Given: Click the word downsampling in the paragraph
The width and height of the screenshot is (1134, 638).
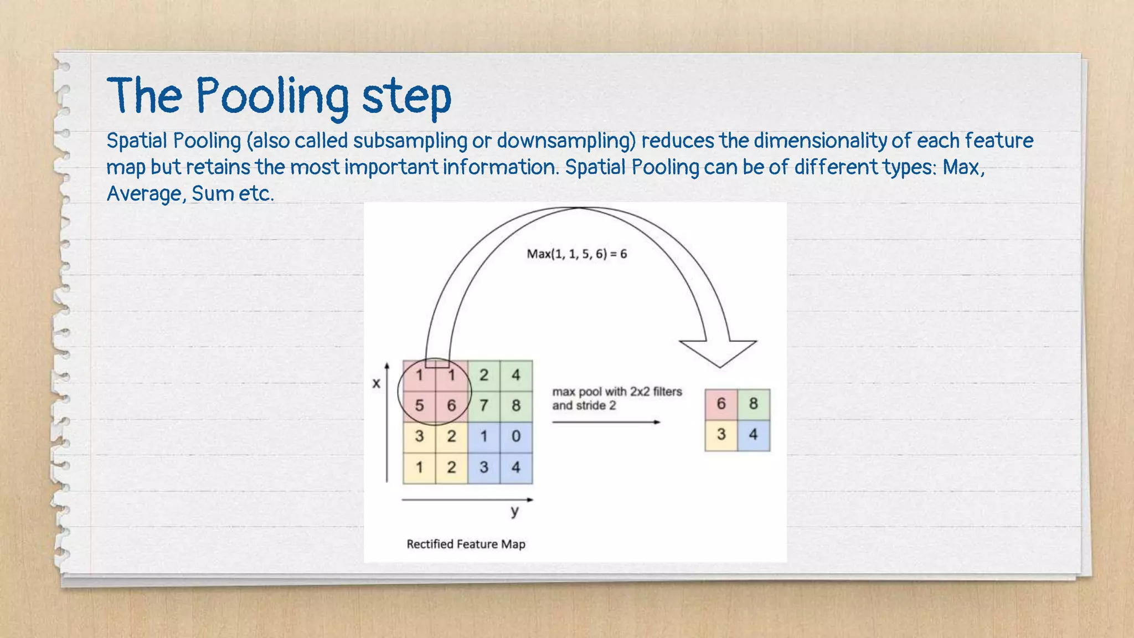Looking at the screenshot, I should [x=566, y=141].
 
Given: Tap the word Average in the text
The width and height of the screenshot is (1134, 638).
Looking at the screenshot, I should [x=144, y=194].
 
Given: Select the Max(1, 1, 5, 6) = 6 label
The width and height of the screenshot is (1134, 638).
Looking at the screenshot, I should [x=576, y=254].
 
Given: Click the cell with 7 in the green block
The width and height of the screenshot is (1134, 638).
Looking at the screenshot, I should [x=484, y=405].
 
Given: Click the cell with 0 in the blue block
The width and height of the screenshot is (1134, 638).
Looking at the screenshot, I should [x=516, y=436].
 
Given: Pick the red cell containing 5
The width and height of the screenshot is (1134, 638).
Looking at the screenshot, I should [x=419, y=405].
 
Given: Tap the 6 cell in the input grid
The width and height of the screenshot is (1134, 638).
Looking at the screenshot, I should [x=451, y=405].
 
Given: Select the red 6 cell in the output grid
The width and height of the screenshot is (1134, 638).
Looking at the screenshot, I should [x=721, y=404].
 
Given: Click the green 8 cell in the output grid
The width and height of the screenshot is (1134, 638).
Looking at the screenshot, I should [x=753, y=404].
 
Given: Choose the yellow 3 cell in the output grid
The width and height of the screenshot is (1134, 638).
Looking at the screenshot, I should [x=721, y=434].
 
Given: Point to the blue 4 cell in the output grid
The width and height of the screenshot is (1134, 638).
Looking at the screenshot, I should [x=753, y=434].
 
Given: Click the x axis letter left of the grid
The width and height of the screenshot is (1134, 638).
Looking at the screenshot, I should [x=377, y=383].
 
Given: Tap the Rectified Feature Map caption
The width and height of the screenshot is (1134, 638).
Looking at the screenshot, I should [x=466, y=544].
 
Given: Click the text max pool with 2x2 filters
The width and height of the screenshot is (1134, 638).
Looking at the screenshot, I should [x=617, y=392].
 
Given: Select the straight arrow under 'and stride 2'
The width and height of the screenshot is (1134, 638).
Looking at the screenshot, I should [x=606, y=422].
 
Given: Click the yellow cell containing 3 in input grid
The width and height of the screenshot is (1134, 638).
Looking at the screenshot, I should [x=419, y=436].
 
